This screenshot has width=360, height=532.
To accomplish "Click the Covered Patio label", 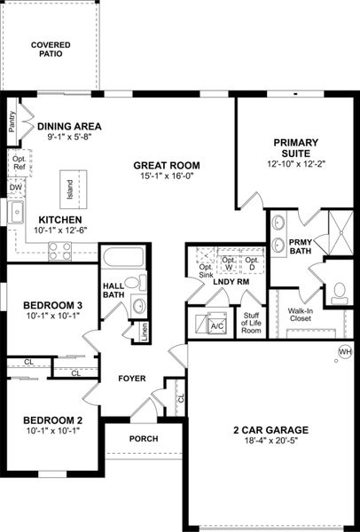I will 51,49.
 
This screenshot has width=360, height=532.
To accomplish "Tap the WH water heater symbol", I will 345,352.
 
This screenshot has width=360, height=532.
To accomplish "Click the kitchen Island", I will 68,187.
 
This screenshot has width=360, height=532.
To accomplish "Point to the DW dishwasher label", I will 15,188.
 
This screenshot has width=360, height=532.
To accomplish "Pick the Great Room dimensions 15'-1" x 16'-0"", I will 167,176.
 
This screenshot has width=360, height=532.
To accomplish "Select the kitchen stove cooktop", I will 60,251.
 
